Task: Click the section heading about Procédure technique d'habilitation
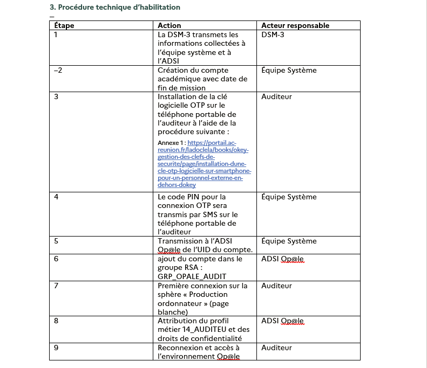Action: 115,7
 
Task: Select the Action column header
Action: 169,25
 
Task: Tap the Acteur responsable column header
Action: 295,25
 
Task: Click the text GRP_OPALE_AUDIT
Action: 188,276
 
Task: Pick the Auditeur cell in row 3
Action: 276,96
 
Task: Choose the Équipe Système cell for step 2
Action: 289,70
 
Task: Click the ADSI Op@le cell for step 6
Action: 282,259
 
